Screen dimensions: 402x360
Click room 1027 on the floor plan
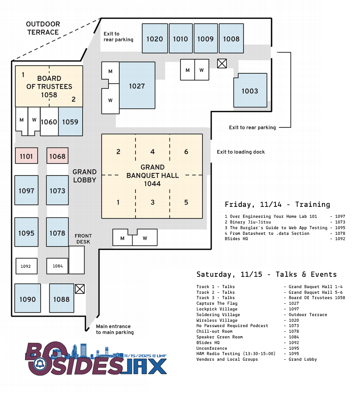137,86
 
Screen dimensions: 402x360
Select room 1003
250,91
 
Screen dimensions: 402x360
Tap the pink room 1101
26,156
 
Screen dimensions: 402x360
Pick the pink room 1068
57,156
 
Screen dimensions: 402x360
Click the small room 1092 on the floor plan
26,266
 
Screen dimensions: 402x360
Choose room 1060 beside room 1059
49,122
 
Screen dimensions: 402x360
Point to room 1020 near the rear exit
155,39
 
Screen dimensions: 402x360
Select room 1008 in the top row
231,39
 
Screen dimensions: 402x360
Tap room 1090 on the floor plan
27,299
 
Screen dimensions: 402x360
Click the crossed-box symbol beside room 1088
80,289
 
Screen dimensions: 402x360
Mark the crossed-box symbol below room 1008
222,63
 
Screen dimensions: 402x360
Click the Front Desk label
83,239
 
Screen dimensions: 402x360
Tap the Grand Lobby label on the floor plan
85,176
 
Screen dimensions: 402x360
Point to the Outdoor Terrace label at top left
43,28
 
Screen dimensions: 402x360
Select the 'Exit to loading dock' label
241,152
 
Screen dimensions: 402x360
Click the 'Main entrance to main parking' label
115,329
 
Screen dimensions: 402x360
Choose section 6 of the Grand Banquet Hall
186,152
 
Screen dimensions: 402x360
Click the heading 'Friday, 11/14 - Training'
277,204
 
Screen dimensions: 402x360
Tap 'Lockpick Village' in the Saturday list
217,309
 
